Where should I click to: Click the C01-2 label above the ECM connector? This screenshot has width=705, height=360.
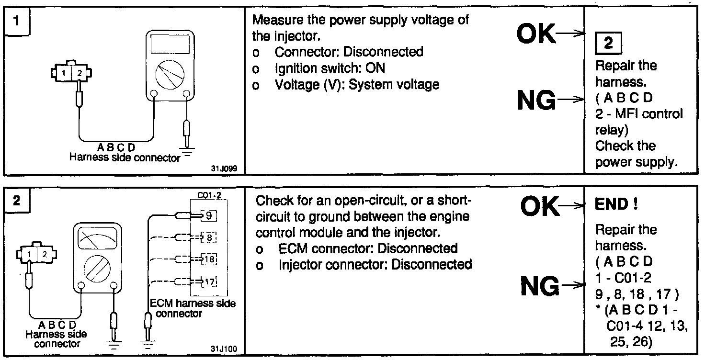click(208, 196)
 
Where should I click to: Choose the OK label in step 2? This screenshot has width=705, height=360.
click(539, 207)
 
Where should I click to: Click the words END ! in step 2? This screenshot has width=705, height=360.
click(616, 205)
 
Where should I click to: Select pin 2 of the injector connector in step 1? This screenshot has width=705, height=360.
click(80, 73)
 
